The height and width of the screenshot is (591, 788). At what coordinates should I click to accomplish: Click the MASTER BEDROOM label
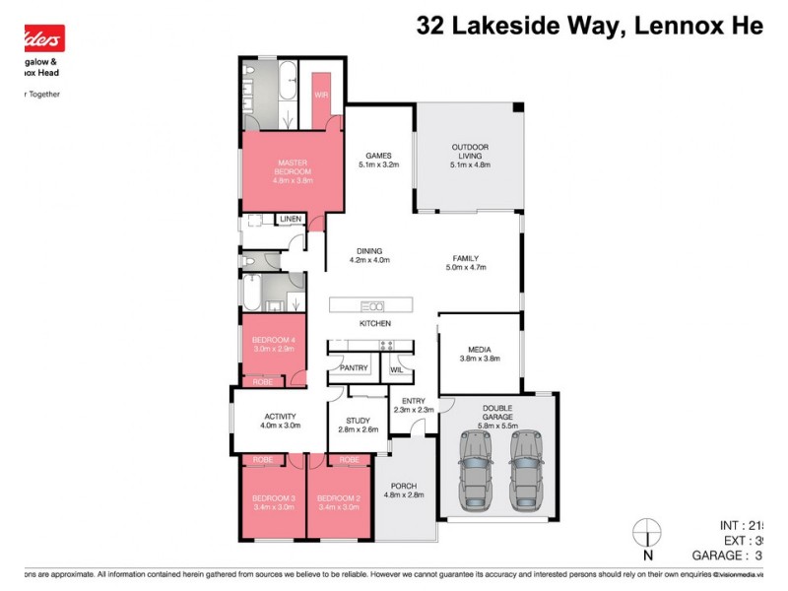pos(294,167)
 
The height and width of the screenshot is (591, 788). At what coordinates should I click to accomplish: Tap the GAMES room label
pos(378,156)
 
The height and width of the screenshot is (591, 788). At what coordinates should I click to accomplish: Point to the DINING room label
pos(370,251)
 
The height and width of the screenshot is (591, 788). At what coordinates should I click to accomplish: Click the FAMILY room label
pos(466,258)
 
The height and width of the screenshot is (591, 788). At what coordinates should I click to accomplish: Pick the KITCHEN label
pos(374,323)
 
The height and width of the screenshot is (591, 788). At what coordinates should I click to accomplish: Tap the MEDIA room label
pos(480,350)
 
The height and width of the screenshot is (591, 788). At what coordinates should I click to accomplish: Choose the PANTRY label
pos(354,368)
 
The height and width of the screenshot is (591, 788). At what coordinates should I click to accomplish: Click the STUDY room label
pos(358,421)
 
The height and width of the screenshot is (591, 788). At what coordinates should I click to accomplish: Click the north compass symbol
pos(646,532)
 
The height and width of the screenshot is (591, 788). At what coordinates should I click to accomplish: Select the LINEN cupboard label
pos(290,219)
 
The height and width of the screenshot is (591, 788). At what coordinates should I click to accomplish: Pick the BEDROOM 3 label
pos(273,497)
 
